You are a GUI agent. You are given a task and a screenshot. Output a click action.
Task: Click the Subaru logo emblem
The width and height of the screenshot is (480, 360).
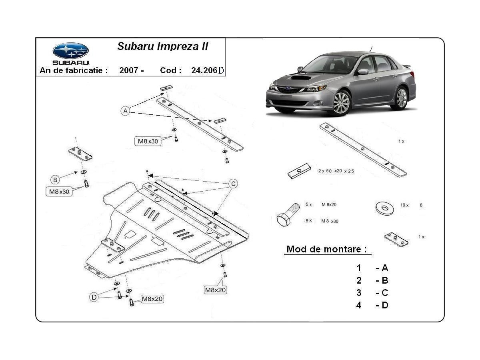coord(70,51)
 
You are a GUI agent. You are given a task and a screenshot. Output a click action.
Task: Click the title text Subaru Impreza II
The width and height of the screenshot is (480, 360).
coord(163,46)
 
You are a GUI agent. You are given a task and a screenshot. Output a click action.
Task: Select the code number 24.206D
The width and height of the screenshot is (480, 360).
coord(208,70)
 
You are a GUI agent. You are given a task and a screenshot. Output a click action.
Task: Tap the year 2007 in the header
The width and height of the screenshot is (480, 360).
coord(129,70)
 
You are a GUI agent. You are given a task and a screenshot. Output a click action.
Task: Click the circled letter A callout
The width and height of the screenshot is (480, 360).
coord(126,111)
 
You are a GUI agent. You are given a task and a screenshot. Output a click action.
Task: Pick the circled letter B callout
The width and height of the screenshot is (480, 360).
coord(55,179)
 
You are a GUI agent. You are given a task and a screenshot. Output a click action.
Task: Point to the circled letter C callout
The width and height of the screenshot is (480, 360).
coord(233,184)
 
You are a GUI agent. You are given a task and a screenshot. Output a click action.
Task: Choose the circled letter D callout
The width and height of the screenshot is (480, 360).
coord(94,297)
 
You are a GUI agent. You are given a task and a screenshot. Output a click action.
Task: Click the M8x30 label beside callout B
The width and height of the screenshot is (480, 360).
coord(59,192)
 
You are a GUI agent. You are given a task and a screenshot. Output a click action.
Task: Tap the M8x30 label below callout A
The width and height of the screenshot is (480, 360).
coord(148,141)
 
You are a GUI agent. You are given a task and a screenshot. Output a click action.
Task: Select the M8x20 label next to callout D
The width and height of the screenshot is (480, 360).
coord(152,299)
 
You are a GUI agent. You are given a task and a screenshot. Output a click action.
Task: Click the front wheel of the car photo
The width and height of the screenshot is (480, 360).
coord(341,103)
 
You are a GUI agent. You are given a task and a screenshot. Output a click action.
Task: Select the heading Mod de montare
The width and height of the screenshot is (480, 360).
coord(326,249)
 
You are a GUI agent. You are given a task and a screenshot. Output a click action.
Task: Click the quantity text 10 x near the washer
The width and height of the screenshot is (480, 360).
coord(404,205)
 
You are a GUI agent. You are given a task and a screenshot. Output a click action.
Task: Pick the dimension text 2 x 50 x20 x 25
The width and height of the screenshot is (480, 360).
coord(336,171)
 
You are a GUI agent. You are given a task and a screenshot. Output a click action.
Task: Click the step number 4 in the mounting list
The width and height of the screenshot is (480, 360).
coord(359,305)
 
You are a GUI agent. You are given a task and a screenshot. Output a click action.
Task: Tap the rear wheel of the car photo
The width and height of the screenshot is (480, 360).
coord(400,98)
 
